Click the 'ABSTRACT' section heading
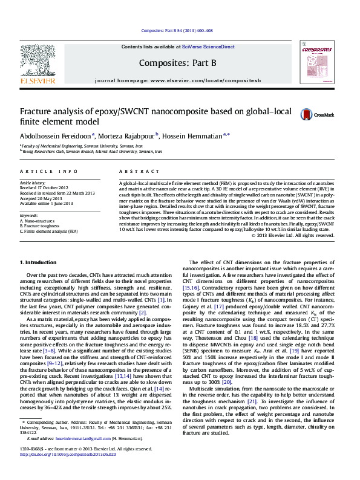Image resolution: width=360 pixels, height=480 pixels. (x=134, y=172)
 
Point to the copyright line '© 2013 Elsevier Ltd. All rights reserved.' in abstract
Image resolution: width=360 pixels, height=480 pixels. (x=305, y=235)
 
